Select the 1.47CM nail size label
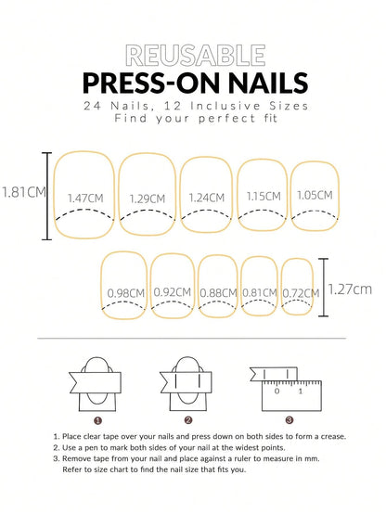point(86,199)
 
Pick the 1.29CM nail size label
point(148,199)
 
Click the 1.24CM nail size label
point(205,198)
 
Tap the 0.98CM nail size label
point(125,293)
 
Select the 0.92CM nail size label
point(172,293)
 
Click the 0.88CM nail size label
point(217,293)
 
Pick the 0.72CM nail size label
point(296,293)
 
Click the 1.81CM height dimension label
point(21,193)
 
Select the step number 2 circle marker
point(191,419)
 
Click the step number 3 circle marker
point(289,419)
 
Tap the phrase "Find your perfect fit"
point(193,120)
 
